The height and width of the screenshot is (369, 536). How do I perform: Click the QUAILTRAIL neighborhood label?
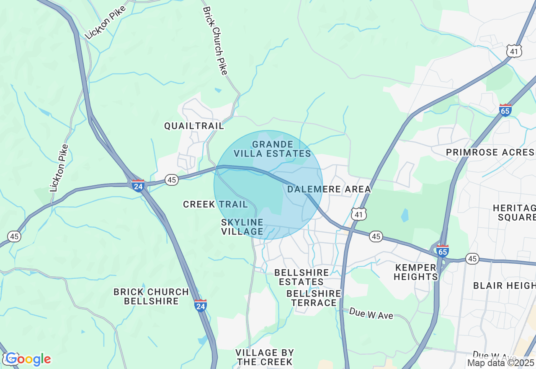(x=194, y=126)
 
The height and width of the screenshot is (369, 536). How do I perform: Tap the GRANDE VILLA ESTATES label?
(x=272, y=149)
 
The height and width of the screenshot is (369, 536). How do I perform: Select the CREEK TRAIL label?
(x=215, y=204)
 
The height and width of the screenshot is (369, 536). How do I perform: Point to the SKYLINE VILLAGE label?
(x=242, y=226)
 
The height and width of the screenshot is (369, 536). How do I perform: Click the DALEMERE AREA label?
(x=329, y=189)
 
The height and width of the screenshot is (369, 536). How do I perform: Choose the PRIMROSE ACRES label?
(x=490, y=152)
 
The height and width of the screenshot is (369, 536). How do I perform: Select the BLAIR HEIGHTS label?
(x=504, y=286)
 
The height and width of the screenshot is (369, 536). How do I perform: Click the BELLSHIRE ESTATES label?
(x=301, y=277)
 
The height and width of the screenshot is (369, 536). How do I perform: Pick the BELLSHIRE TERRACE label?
(x=314, y=298)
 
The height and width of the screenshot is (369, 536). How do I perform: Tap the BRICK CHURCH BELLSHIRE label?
(x=151, y=296)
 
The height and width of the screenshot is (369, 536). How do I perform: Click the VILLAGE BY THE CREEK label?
(x=265, y=357)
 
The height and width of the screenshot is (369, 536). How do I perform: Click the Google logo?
(x=28, y=359)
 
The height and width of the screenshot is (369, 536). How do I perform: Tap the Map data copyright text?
(x=501, y=363)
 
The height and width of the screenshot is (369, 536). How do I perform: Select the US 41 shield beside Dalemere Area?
(x=359, y=214)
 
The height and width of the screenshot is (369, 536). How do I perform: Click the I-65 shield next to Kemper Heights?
(x=442, y=251)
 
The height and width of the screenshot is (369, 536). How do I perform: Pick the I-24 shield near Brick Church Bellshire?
(x=200, y=305)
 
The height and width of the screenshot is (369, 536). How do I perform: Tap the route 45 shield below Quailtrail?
(x=171, y=180)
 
